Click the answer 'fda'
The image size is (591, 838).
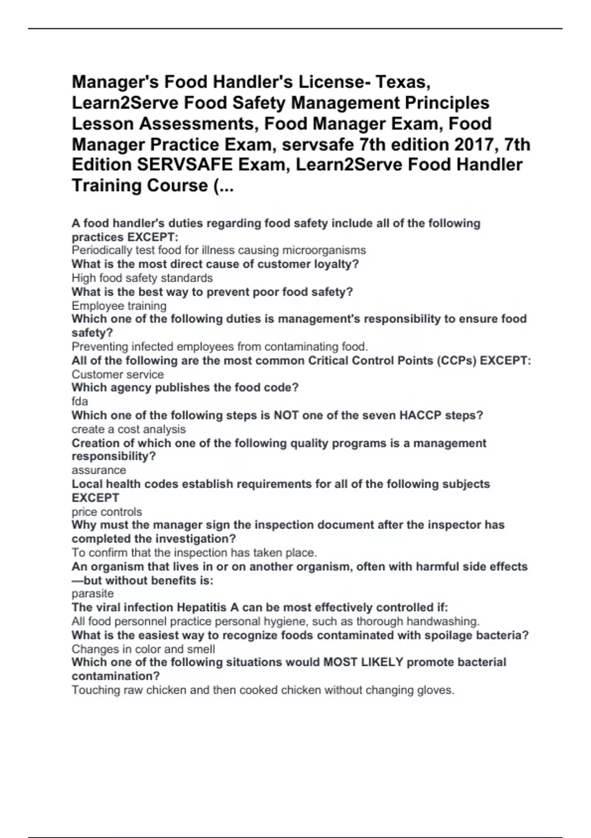[80, 401]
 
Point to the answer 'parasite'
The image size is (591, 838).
[93, 594]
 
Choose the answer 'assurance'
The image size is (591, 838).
[98, 470]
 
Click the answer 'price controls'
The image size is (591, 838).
[107, 512]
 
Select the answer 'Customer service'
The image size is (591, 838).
[118, 374]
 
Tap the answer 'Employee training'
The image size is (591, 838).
[119, 306]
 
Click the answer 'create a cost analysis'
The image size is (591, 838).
[129, 429]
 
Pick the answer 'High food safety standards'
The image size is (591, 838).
[142, 278]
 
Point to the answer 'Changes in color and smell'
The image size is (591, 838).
[143, 649]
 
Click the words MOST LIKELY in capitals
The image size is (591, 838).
[363, 662]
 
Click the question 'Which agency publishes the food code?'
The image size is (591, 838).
[185, 387]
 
